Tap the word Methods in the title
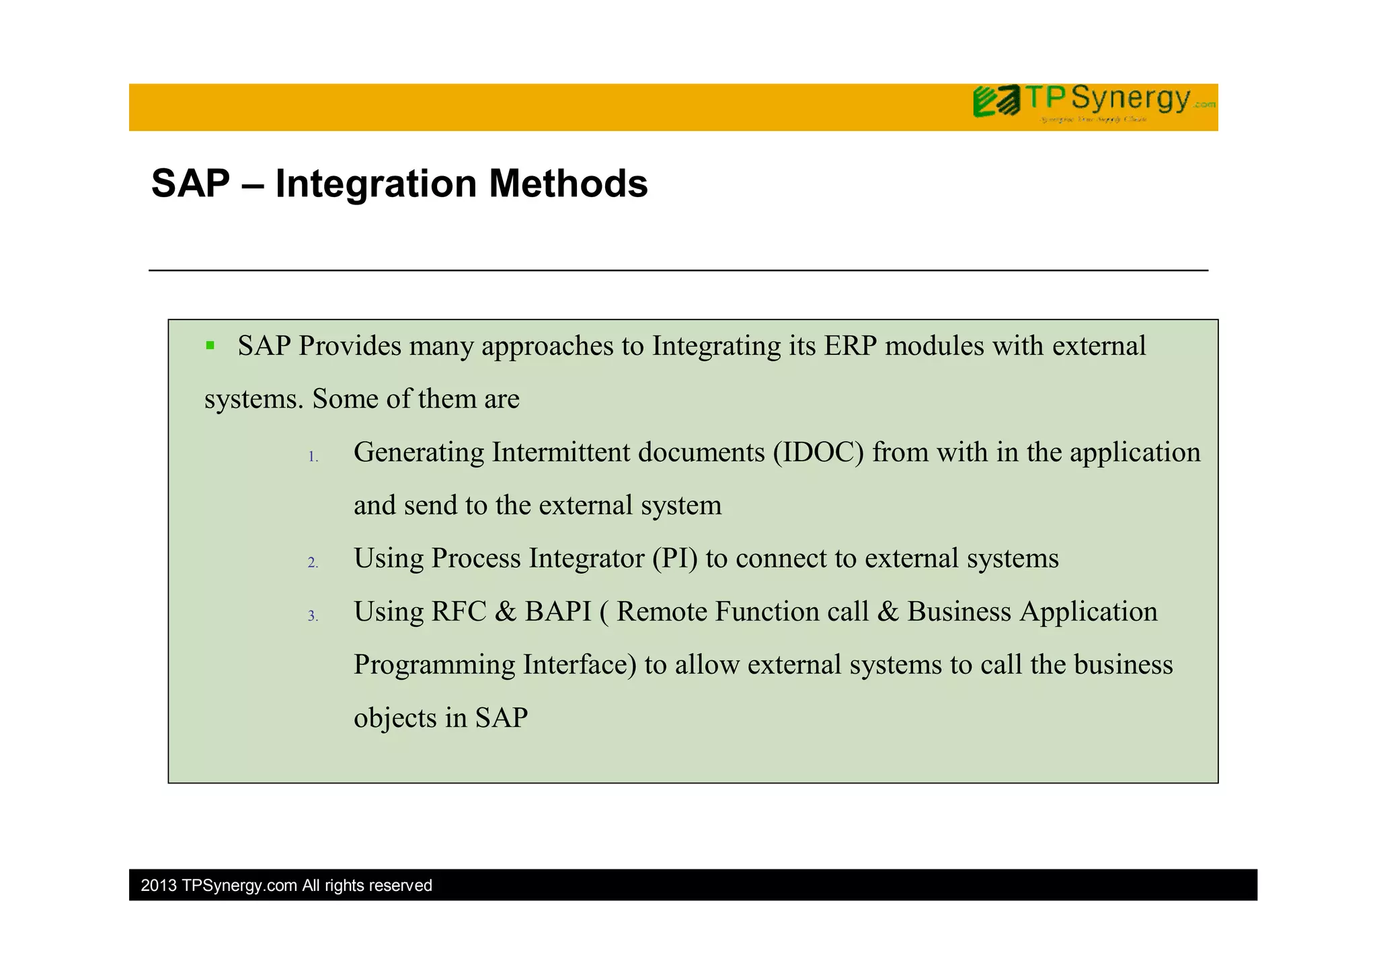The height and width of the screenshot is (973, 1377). click(x=568, y=184)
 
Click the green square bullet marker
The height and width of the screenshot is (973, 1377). click(x=210, y=346)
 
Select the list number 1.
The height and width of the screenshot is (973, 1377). click(x=313, y=457)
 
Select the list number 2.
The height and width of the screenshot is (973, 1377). click(x=313, y=563)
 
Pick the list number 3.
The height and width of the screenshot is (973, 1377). click(x=313, y=617)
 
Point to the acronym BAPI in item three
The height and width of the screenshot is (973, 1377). click(x=557, y=612)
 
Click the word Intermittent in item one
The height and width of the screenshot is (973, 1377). click(x=561, y=453)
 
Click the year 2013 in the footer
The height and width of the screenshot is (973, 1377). click(x=159, y=886)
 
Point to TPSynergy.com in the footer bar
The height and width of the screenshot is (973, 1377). click(x=239, y=886)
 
